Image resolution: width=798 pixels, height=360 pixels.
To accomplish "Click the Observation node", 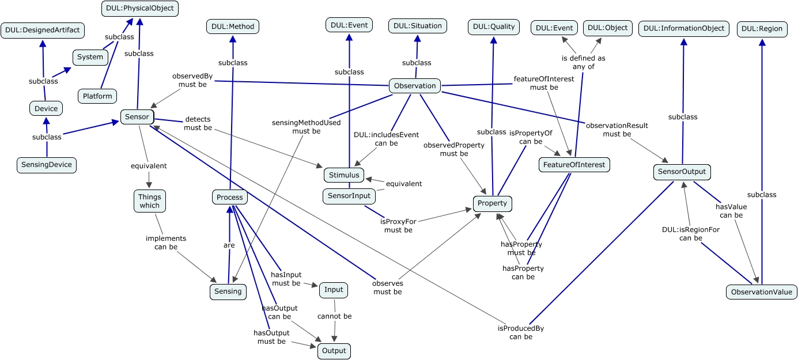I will pyautogui.click(x=415, y=86).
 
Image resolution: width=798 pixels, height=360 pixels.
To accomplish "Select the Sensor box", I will pyautogui.click(x=137, y=117).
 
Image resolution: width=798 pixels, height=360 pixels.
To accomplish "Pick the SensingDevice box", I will pyautogui.click(x=47, y=165).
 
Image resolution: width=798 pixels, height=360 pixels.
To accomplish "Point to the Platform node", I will pyautogui.click(x=97, y=96).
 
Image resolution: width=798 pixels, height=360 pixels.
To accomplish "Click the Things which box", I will pyautogui.click(x=149, y=201).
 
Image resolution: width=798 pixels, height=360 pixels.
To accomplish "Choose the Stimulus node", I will pyautogui.click(x=344, y=175).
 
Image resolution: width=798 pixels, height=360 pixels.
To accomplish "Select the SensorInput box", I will pyautogui.click(x=349, y=196).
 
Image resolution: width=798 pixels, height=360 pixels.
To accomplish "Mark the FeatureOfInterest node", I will pyautogui.click(x=574, y=165).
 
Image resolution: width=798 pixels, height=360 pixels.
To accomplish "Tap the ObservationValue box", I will pyautogui.click(x=761, y=292).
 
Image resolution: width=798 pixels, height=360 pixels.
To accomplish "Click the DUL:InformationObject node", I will pyautogui.click(x=684, y=28).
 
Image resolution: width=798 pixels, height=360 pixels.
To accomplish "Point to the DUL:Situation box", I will pyautogui.click(x=418, y=26).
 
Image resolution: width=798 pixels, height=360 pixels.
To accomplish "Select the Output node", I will pyautogui.click(x=334, y=351).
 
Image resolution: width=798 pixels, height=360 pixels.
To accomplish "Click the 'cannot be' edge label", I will pyautogui.click(x=335, y=316).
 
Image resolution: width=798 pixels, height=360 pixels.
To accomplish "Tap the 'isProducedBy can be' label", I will pyautogui.click(x=521, y=332).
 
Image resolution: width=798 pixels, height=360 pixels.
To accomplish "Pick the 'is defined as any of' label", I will pyautogui.click(x=584, y=62).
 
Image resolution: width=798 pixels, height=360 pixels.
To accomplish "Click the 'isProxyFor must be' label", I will pyautogui.click(x=398, y=225).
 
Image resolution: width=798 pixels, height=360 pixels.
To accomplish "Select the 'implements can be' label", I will pyautogui.click(x=166, y=242).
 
